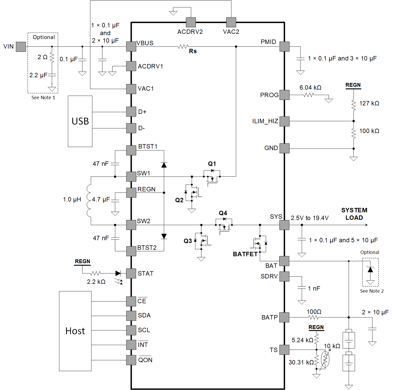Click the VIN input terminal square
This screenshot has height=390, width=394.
coord(21,47)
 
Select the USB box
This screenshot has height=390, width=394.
coord(80,121)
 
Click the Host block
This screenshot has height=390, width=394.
coord(75,331)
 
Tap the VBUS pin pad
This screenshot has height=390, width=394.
coord(131,46)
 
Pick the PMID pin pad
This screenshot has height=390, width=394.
coord(284,46)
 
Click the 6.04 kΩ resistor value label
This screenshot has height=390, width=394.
coord(310,88)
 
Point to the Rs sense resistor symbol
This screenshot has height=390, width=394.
coord(183,46)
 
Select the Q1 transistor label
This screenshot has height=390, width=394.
coord(212,164)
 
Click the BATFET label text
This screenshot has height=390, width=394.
coord(245,254)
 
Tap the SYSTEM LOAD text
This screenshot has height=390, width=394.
coord(354,214)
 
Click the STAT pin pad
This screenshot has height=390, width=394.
coord(131,273)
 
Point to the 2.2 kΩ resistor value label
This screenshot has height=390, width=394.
coord(96,282)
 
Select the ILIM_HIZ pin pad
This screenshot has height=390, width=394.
coord(284,121)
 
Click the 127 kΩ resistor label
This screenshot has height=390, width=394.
coord(369,103)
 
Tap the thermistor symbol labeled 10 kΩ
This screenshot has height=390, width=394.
coord(325,359)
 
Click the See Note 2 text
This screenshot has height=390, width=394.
coord(372,291)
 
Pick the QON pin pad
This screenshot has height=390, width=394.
coord(131,360)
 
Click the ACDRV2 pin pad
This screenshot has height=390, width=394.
coord(191,22)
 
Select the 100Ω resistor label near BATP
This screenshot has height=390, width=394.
coord(314,312)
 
